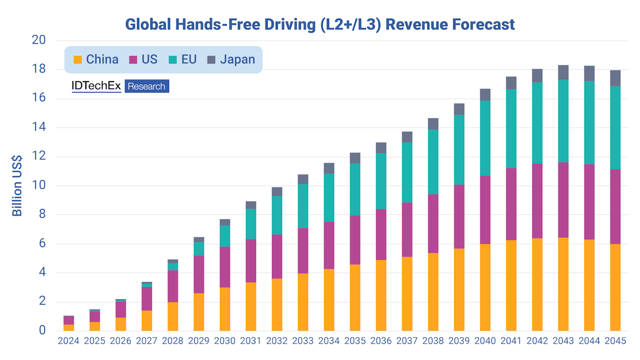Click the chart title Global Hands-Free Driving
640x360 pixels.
point(320,24)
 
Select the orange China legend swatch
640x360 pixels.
point(78,60)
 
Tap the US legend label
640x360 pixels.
point(150,59)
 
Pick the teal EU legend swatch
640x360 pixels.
point(173,60)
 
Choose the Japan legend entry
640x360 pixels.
point(237,59)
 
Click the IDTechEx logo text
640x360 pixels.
point(97,86)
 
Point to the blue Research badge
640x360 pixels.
point(147,86)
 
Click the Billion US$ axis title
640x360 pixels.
point(18,186)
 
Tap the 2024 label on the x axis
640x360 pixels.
point(69,340)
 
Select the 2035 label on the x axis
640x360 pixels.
point(355,340)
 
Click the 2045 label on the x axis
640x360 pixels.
point(615,340)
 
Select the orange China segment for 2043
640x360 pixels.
point(563,284)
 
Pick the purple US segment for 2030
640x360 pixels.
point(225,267)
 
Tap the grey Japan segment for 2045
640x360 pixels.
point(615,78)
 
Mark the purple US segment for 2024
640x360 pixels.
point(69,320)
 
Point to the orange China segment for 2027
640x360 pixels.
point(147,320)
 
